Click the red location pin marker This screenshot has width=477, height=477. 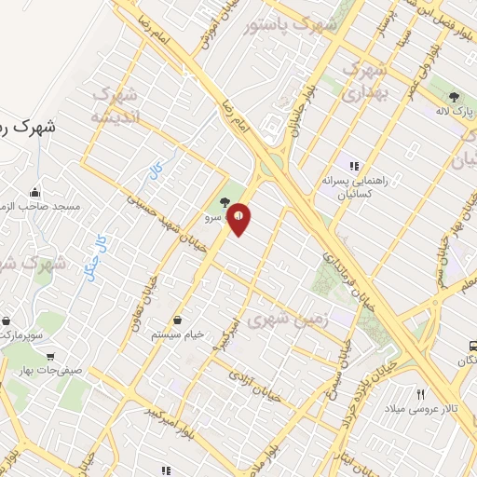239,218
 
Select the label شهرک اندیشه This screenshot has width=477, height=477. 116,106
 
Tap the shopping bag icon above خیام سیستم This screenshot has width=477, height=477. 177,320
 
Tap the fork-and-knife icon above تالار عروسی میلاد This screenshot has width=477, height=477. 420,395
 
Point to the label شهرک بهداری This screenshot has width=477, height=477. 364,82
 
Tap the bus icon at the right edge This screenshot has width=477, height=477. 471,346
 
